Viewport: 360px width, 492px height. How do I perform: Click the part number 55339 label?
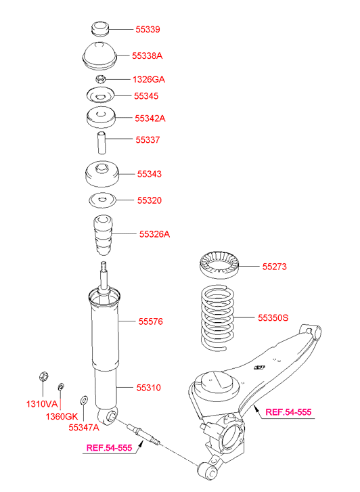148,29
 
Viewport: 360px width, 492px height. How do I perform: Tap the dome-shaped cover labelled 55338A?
99,55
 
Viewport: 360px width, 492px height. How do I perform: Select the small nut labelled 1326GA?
100,79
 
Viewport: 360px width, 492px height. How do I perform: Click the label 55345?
146,96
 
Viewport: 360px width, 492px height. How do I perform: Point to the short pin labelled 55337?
101,143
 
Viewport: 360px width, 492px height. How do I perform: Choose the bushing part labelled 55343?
102,173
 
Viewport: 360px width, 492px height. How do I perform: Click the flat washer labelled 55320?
103,200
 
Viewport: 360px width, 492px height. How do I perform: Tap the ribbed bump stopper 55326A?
104,235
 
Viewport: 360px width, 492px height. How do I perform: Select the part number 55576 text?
151,321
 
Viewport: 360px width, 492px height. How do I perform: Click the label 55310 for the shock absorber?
148,388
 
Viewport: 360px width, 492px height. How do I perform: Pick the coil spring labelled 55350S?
217,318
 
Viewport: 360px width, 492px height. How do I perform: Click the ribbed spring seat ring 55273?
219,265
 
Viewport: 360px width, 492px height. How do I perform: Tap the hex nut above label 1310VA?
43,376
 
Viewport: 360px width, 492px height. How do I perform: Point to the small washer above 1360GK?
61,386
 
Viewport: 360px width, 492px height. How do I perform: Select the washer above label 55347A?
84,400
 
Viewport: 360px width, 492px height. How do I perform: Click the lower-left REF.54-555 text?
109,448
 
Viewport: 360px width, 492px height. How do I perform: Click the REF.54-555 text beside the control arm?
288,412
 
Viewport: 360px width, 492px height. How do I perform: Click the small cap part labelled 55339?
100,29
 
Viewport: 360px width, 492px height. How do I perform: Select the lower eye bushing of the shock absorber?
108,416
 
